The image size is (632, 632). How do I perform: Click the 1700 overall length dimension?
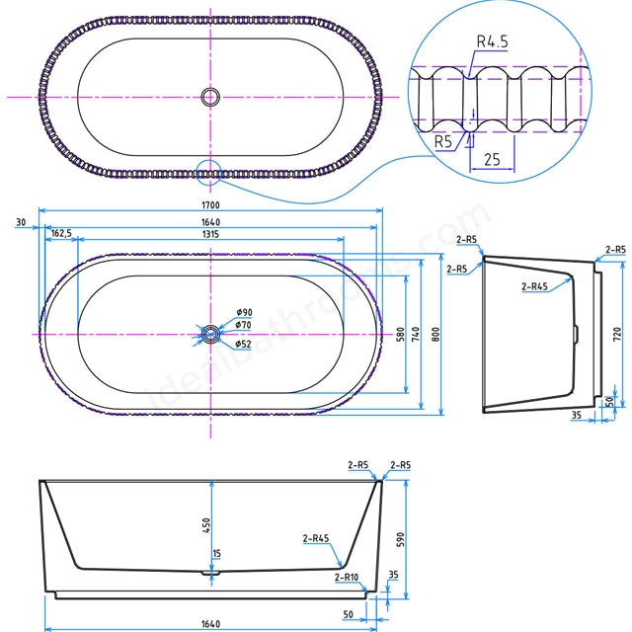(210, 205)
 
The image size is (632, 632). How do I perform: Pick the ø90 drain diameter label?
(243, 313)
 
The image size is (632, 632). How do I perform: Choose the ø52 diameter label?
(243, 344)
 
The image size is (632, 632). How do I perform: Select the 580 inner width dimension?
(400, 334)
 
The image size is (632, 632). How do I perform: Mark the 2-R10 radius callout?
(346, 577)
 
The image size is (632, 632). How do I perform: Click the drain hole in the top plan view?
(210, 96)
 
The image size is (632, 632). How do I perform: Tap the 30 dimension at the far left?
(21, 222)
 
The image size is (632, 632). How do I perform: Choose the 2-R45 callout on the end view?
(535, 286)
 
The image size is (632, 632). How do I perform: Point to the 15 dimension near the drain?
(216, 553)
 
